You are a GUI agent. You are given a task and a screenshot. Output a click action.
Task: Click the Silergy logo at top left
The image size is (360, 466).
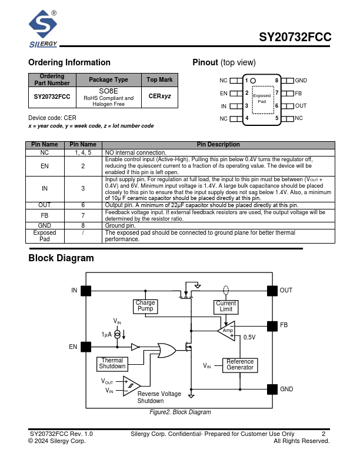(x=43, y=28)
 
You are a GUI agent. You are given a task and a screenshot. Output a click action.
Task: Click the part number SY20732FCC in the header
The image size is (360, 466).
(x=295, y=38)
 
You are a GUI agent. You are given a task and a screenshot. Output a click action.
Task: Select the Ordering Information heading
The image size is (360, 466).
(x=69, y=62)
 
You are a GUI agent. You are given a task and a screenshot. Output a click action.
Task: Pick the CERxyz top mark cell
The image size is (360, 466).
(x=159, y=96)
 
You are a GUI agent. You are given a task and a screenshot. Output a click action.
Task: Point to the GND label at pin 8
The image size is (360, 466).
(x=301, y=80)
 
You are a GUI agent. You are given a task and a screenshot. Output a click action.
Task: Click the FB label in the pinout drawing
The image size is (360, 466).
(x=298, y=93)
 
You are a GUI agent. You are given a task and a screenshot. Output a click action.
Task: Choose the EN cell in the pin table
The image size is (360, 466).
(x=45, y=166)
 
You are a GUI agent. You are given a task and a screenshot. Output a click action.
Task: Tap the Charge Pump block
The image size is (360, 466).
(x=145, y=306)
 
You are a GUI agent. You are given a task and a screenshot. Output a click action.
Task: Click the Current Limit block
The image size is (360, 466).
(x=226, y=307)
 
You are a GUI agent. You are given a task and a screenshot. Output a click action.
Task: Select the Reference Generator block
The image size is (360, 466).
(x=240, y=365)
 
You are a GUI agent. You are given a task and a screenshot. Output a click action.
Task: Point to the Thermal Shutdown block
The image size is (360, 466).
(x=112, y=363)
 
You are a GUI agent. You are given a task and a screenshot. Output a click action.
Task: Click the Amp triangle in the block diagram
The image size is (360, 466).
(x=227, y=331)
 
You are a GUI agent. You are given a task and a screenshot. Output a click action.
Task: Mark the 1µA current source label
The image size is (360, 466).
(x=106, y=334)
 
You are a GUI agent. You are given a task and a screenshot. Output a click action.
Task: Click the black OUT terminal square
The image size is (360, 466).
(x=272, y=290)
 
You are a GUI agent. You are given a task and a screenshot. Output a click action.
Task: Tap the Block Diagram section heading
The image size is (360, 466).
(x=61, y=258)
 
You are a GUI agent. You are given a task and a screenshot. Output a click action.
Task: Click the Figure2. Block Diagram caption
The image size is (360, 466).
(x=180, y=412)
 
